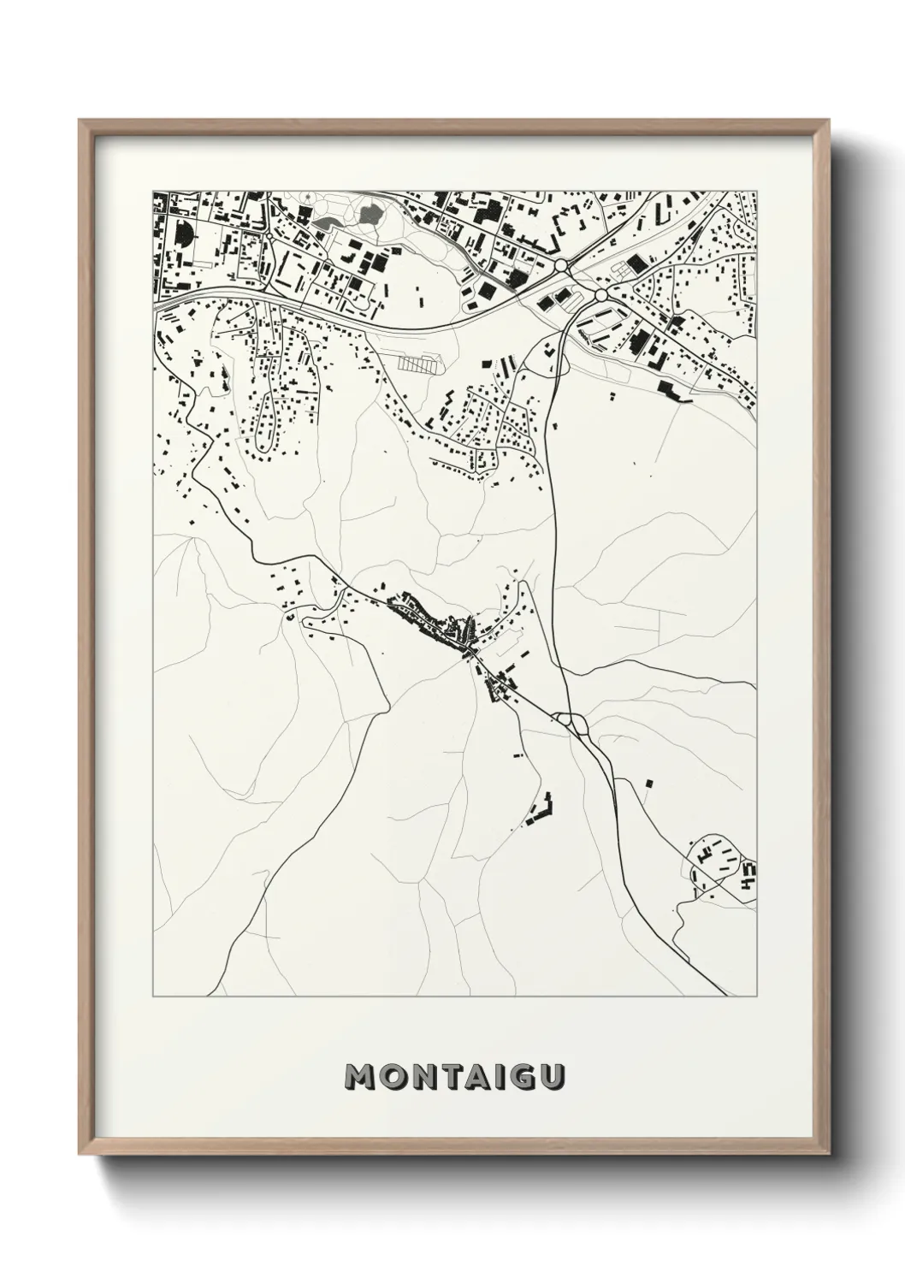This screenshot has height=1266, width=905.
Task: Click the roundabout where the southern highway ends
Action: (x=600, y=294)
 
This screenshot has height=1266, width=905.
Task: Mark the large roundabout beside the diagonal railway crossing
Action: (x=561, y=267)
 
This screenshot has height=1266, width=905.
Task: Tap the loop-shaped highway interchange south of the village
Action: (x=567, y=721)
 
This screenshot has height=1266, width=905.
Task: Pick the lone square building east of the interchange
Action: (x=648, y=783)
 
